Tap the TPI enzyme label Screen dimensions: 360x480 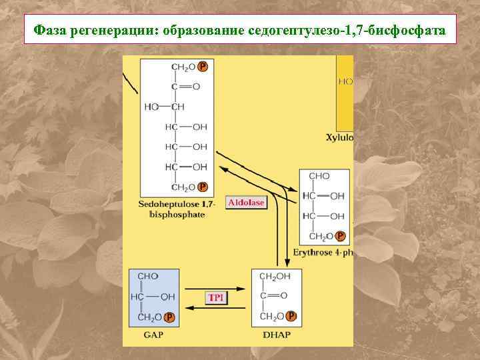[x=216, y=298]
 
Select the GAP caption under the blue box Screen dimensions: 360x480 [x=153, y=335]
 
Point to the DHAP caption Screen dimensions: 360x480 [x=276, y=335]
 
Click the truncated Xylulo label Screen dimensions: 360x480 [x=339, y=138]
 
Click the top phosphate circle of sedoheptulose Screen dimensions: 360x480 [x=203, y=67]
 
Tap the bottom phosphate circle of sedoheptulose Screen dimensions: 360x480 [x=203, y=187]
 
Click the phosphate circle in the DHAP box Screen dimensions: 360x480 [x=291, y=316]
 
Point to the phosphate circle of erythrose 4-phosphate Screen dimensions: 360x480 [x=341, y=236]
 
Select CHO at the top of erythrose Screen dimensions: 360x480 [x=319, y=177]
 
